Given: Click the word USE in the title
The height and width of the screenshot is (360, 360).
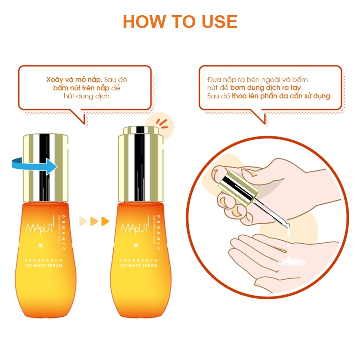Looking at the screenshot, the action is (x=220, y=22).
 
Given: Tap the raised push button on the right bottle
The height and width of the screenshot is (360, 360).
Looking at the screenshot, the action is (x=141, y=130).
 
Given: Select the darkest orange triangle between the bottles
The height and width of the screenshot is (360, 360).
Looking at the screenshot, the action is (x=105, y=221).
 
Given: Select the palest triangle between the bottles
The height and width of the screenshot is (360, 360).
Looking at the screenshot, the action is (x=83, y=221).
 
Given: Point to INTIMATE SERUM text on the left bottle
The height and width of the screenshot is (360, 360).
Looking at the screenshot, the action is (x=43, y=266).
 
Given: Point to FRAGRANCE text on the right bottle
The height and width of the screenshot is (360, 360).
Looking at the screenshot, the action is (x=139, y=260).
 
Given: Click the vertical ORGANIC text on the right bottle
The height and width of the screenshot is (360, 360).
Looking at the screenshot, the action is (x=159, y=232).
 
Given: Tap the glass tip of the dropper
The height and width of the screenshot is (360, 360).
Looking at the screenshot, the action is (x=286, y=224).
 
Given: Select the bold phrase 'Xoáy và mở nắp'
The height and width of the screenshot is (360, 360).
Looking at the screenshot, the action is (x=74, y=80).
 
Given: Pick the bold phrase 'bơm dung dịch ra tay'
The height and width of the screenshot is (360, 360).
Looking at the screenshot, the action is (x=266, y=88).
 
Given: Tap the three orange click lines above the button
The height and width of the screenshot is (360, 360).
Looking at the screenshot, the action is (x=162, y=124).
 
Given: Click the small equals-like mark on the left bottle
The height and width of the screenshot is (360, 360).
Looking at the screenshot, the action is (x=41, y=246).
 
